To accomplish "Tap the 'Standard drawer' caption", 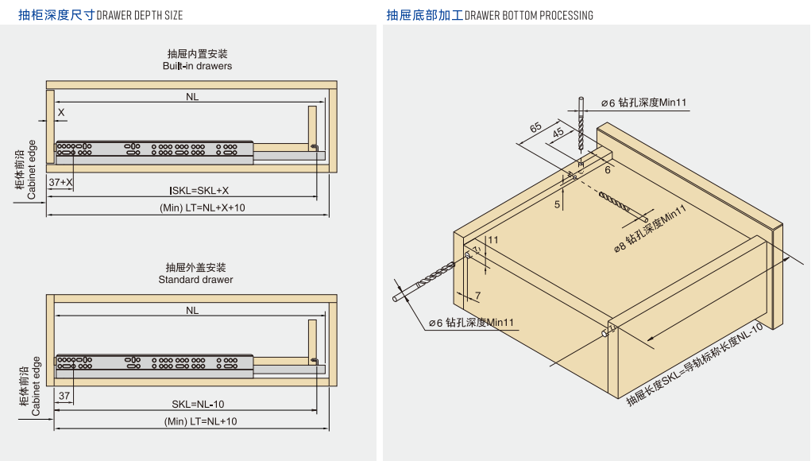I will [195, 280].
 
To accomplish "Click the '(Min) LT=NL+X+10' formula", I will [203, 207].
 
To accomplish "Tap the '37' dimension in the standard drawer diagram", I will [64, 395].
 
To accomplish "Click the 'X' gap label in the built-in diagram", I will [61, 113].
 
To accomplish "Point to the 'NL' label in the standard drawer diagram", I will [192, 311].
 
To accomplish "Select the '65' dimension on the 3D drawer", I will [535, 127].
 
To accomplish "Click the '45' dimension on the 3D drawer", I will [558, 133].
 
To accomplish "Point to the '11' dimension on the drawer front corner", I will [493, 240].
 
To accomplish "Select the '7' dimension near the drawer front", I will [477, 296].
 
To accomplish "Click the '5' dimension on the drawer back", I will [557, 204].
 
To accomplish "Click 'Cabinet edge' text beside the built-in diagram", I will [32, 169].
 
